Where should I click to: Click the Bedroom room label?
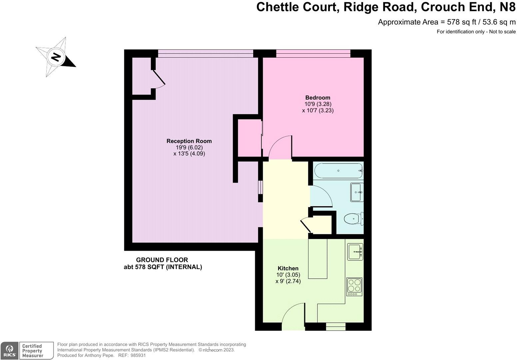coord(318,98)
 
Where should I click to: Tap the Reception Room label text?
coord(189,141)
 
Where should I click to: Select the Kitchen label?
coord(288,268)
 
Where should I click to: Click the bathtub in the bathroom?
coord(338,171)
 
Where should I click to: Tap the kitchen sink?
coord(355,252)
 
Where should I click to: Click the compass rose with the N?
coord(56,57)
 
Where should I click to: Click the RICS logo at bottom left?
coord(9,351)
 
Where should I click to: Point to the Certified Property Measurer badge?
coord(36,351)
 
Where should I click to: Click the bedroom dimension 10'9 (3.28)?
coord(318,104)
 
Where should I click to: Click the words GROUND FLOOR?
coord(162,260)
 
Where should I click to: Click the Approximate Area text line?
coord(446,22)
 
